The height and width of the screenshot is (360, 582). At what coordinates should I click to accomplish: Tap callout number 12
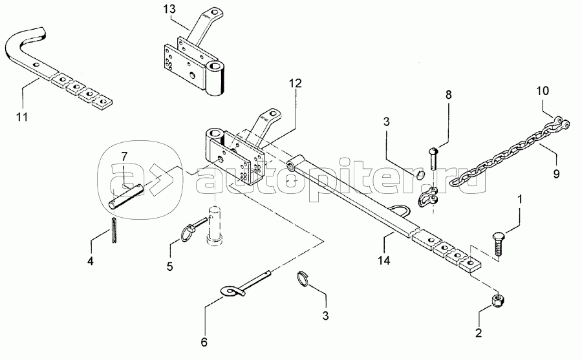tap(295, 83)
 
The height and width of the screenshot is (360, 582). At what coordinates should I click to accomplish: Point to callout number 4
tap(91, 261)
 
